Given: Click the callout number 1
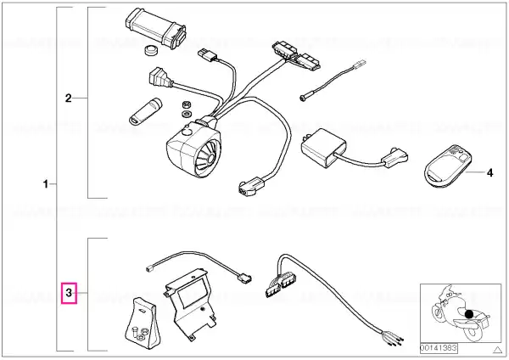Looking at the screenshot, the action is point(46,184).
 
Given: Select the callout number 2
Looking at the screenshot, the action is point(68,98).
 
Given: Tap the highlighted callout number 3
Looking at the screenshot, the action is point(69,293).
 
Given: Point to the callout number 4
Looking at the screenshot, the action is point(489,173).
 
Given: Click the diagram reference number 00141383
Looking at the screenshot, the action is point(439,348).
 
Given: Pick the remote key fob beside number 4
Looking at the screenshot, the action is point(448,166).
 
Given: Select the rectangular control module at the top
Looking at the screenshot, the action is point(155,28).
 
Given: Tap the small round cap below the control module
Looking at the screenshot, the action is point(151,51).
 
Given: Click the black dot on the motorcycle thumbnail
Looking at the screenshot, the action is point(469,314).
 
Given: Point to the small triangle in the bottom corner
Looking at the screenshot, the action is point(497,350).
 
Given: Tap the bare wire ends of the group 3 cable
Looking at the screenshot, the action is point(394,339).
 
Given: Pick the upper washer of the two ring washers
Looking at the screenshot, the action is point(187,104).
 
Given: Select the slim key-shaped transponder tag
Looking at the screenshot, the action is point(145,110).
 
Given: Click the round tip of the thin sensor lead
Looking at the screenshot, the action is point(303,97).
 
